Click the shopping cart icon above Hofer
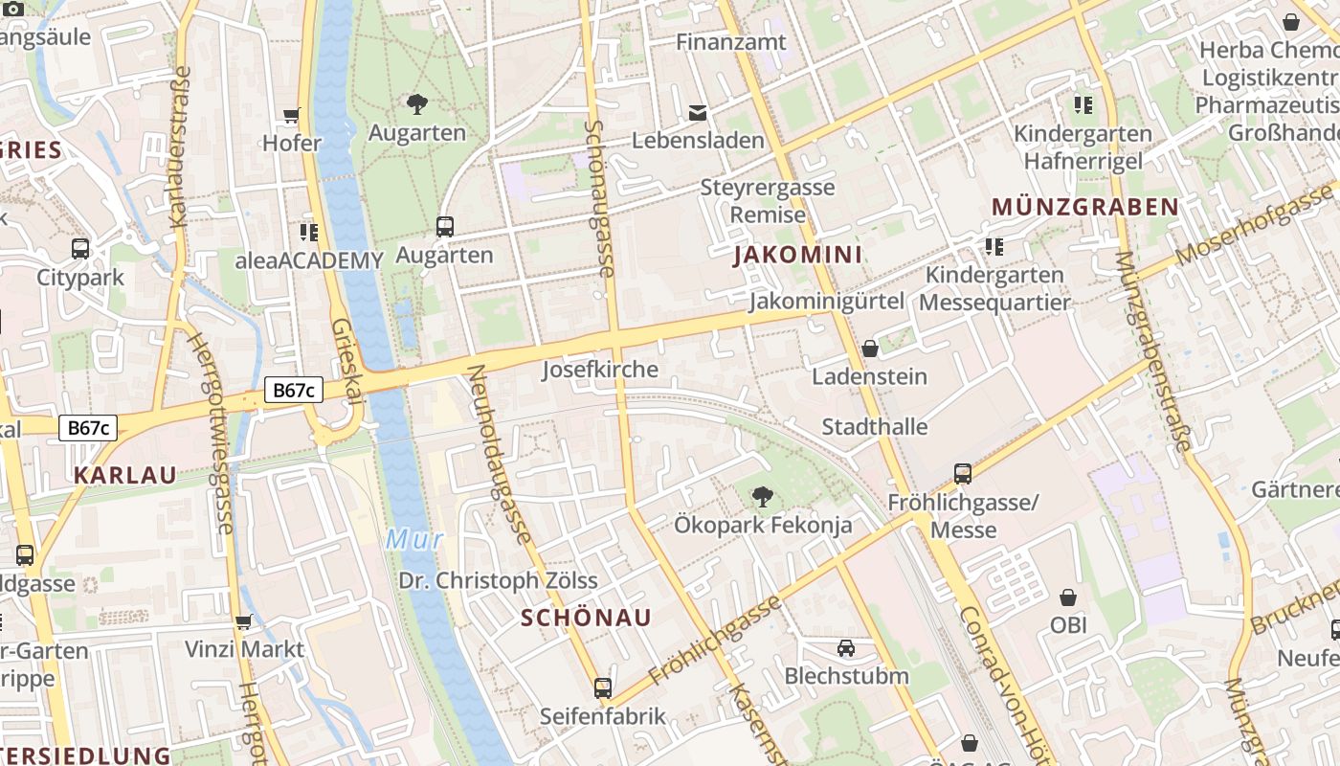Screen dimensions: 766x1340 292,116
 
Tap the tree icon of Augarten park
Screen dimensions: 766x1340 417,103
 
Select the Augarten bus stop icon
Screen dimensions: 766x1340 444,227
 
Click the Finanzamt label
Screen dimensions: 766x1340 730,42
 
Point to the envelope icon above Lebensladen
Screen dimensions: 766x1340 698,113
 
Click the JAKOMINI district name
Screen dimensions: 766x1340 797,255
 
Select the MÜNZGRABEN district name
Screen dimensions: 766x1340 1084,207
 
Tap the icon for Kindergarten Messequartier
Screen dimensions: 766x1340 994,247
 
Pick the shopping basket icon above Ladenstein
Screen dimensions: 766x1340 869,349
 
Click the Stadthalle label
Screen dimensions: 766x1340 875,426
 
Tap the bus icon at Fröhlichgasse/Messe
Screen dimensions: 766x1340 963,473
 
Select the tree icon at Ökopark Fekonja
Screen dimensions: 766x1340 762,496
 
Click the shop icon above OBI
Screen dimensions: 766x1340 1068,597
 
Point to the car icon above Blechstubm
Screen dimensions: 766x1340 846,648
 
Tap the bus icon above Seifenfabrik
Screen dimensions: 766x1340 602,687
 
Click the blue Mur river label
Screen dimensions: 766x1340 414,539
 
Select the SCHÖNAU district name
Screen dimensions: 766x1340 586,618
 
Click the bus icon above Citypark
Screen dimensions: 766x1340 80,249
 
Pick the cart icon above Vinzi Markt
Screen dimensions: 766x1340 244,621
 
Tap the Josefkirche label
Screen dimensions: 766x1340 600,370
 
